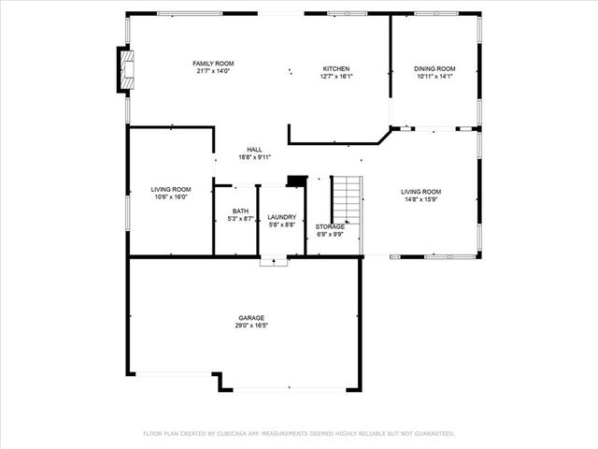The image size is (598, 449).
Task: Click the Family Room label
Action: (213, 63)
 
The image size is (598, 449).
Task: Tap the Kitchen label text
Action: (336, 69)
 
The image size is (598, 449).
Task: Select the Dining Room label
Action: (435, 69)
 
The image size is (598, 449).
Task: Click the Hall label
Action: (253, 150)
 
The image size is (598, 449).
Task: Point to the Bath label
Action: (241, 211)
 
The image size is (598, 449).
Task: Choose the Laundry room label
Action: (281, 217)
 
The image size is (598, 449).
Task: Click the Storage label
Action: (330, 226)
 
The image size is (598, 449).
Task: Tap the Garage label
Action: (250, 318)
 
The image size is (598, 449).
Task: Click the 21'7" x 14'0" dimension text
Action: (213, 71)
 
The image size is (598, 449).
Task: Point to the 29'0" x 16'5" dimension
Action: (250, 326)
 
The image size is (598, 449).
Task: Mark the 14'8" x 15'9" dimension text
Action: (421, 197)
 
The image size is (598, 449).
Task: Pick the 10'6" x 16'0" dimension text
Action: (171, 197)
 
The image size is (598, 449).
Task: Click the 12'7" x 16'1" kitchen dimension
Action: (336, 78)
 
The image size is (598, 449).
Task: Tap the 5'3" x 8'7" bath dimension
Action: (241, 219)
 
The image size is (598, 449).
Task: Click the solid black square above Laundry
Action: (296, 181)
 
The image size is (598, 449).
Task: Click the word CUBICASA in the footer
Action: (239, 434)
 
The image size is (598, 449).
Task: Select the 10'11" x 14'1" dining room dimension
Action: (435, 78)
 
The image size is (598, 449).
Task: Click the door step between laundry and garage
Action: (273, 264)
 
